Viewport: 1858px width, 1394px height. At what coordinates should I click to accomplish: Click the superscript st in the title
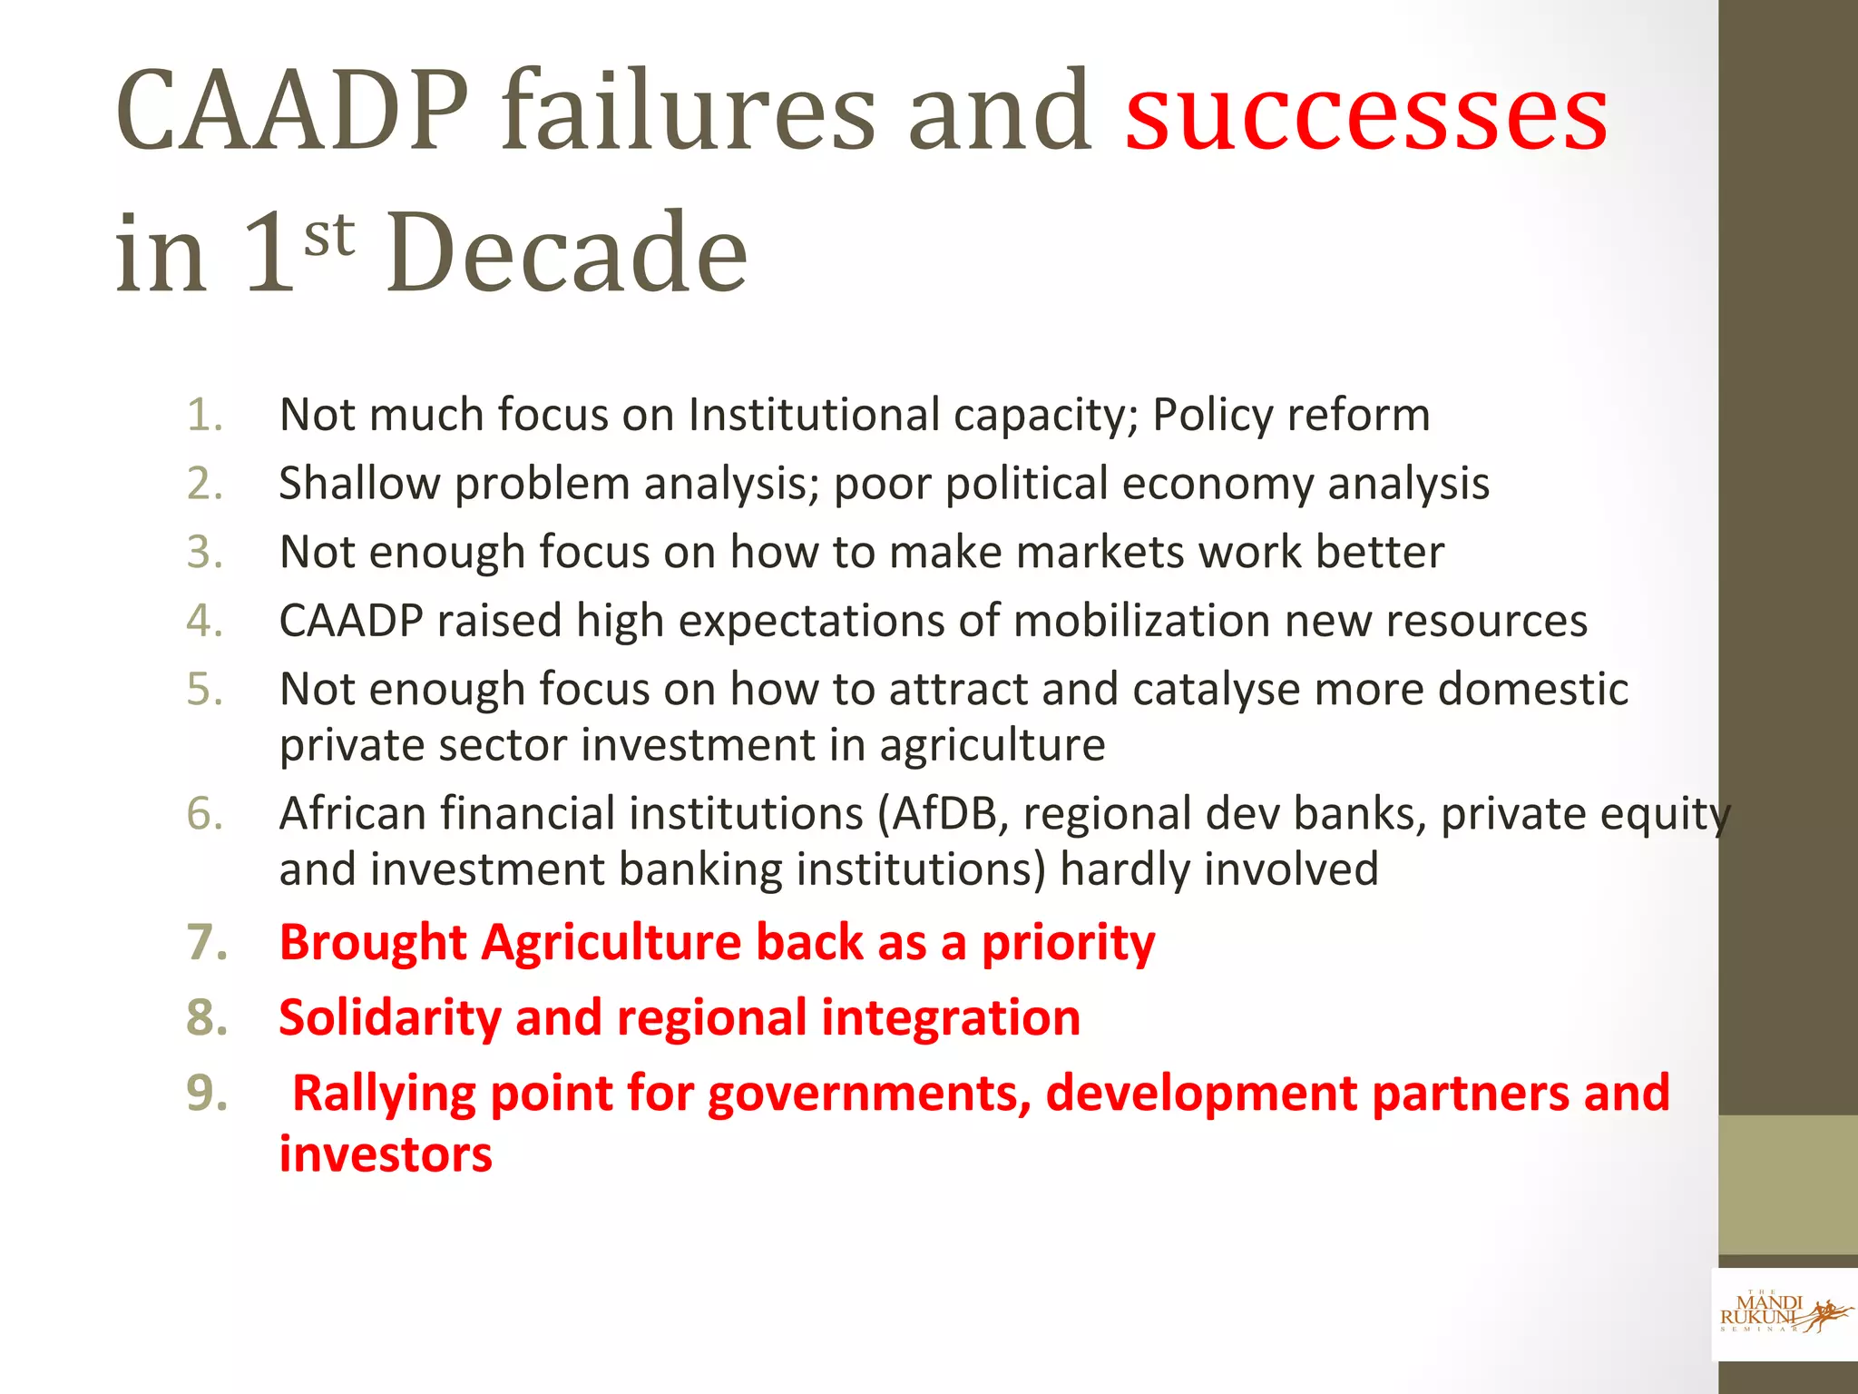(x=328, y=234)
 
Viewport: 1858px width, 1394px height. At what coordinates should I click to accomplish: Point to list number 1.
(x=205, y=415)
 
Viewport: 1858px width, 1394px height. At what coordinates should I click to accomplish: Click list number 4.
(x=205, y=622)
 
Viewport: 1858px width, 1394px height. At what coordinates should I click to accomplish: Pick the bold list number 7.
(x=207, y=942)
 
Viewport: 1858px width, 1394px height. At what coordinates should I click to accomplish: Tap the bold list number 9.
(x=207, y=1093)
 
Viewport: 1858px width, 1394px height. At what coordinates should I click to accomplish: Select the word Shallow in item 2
(x=359, y=484)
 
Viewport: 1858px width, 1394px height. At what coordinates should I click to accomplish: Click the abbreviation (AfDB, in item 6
(x=943, y=814)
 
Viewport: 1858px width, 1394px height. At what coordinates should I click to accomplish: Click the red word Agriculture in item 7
(x=611, y=942)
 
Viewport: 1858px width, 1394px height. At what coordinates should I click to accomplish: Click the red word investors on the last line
(x=386, y=1154)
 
